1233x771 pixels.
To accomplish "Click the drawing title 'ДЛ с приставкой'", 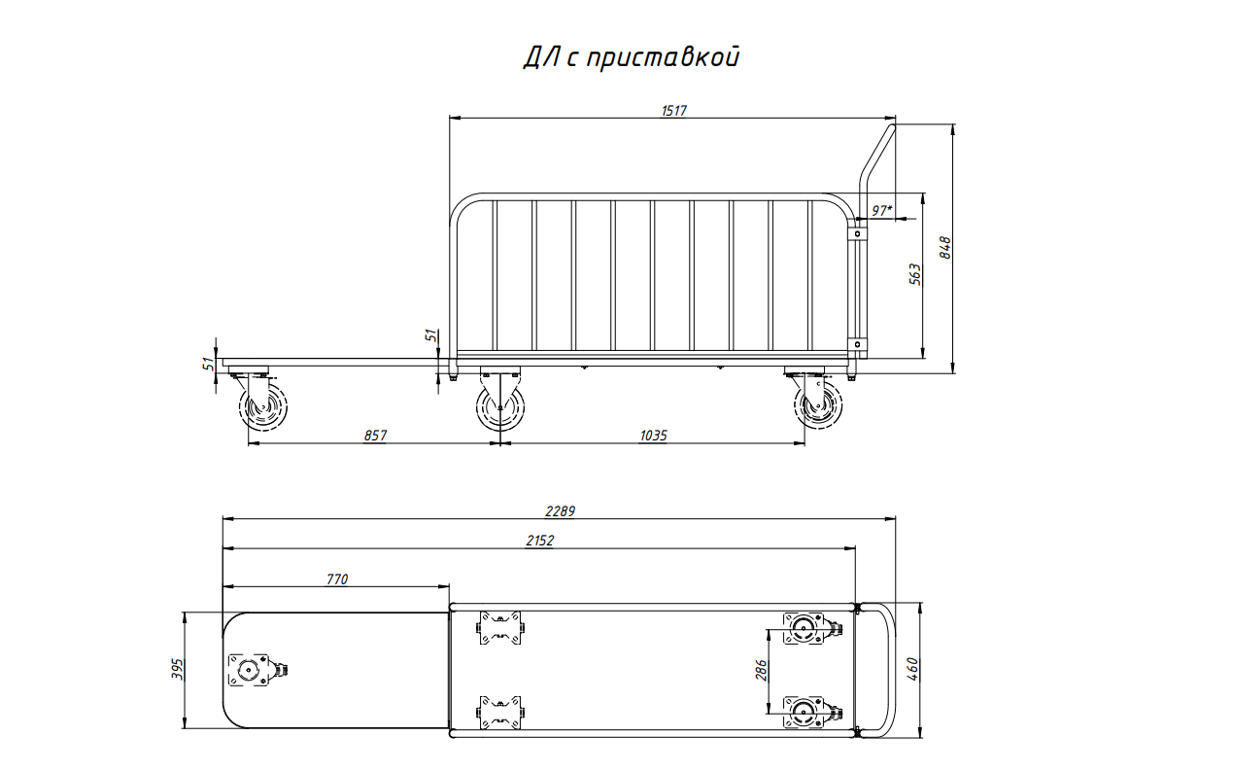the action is (x=632, y=57).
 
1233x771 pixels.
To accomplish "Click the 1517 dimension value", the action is (x=673, y=111).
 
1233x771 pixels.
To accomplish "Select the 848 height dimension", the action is (x=944, y=248).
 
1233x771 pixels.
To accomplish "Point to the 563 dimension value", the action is (x=914, y=274).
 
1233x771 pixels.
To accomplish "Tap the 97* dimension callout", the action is (x=882, y=210).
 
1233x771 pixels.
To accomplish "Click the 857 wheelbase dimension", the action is (x=375, y=436).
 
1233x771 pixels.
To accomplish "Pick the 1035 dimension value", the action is (x=653, y=436).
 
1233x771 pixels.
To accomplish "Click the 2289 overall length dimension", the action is (x=560, y=511).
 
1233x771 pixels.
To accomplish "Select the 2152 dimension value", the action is (x=539, y=541).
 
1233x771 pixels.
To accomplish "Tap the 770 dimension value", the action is (x=337, y=579).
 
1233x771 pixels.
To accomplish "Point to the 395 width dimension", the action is (x=177, y=669).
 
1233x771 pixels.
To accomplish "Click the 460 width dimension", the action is (x=912, y=669).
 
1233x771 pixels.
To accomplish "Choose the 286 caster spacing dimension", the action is (x=761, y=670).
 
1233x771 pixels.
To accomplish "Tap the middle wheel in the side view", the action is (x=499, y=407).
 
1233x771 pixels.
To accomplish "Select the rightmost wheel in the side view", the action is (x=818, y=405).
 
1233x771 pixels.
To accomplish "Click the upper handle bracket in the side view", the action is (x=857, y=234).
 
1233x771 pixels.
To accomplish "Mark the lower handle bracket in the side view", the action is (x=857, y=344).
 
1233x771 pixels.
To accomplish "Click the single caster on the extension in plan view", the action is (x=255, y=670).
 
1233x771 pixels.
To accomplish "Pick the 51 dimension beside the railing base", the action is (x=432, y=335).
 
